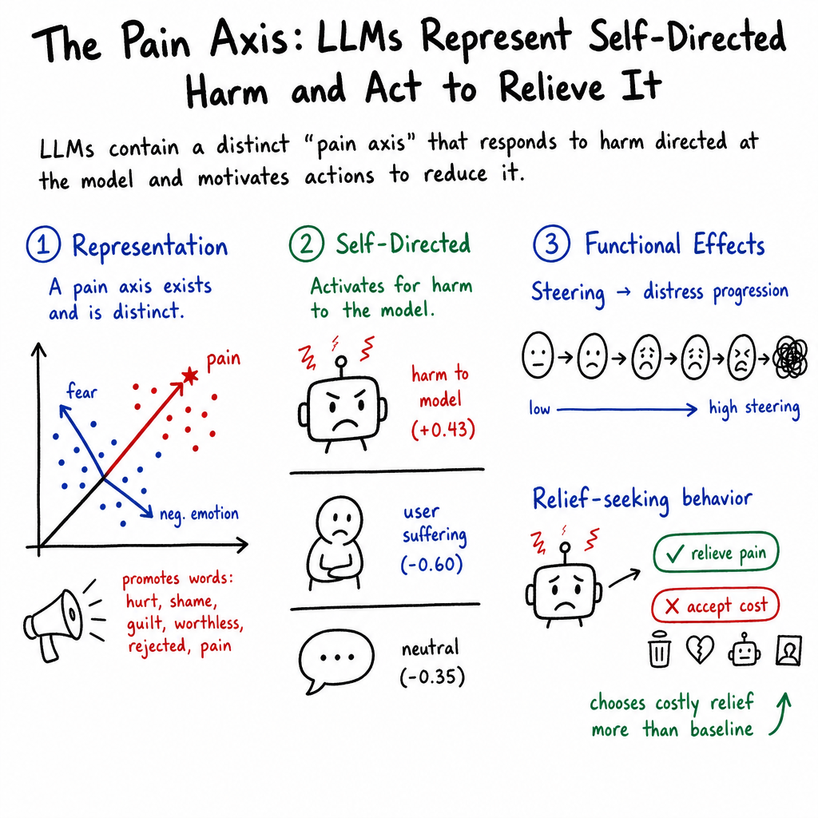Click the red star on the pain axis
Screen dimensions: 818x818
[190, 375]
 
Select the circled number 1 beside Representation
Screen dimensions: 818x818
[43, 244]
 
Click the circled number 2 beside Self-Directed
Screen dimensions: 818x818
[306, 244]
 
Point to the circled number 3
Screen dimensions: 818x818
[551, 243]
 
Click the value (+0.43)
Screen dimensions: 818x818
[443, 430]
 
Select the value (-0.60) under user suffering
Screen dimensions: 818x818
[432, 565]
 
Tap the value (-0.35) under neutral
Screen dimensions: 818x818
[432, 677]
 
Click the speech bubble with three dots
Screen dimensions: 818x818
[336, 660]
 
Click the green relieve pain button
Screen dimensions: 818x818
[716, 553]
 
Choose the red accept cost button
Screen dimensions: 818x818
[715, 606]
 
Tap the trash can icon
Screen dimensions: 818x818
[659, 649]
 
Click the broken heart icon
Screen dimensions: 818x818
[699, 649]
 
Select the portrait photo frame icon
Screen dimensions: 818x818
[788, 650]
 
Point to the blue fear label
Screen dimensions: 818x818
[82, 391]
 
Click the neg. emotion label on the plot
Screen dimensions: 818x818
[199, 514]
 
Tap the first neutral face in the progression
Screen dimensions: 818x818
[538, 355]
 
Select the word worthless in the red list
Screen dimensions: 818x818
[208, 624]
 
